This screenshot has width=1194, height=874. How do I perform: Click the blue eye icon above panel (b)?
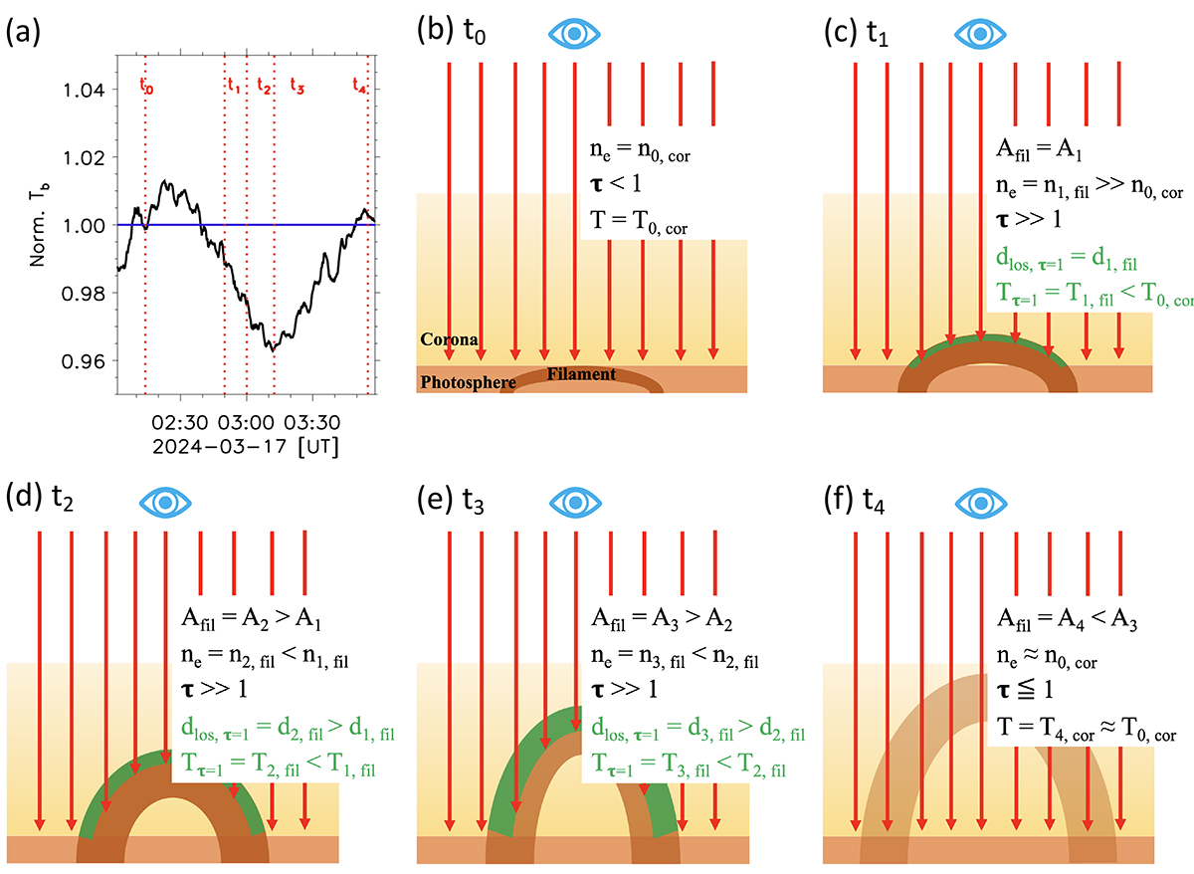tap(575, 34)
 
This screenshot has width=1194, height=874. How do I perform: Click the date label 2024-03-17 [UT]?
tap(245, 448)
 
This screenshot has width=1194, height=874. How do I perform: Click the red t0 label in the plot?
tap(146, 87)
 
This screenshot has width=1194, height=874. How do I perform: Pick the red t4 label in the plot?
tap(360, 87)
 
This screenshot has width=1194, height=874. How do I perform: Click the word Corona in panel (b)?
tap(449, 340)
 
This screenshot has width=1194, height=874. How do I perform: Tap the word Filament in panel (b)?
tap(581, 375)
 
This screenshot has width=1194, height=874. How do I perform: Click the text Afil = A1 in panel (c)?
tap(1042, 150)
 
